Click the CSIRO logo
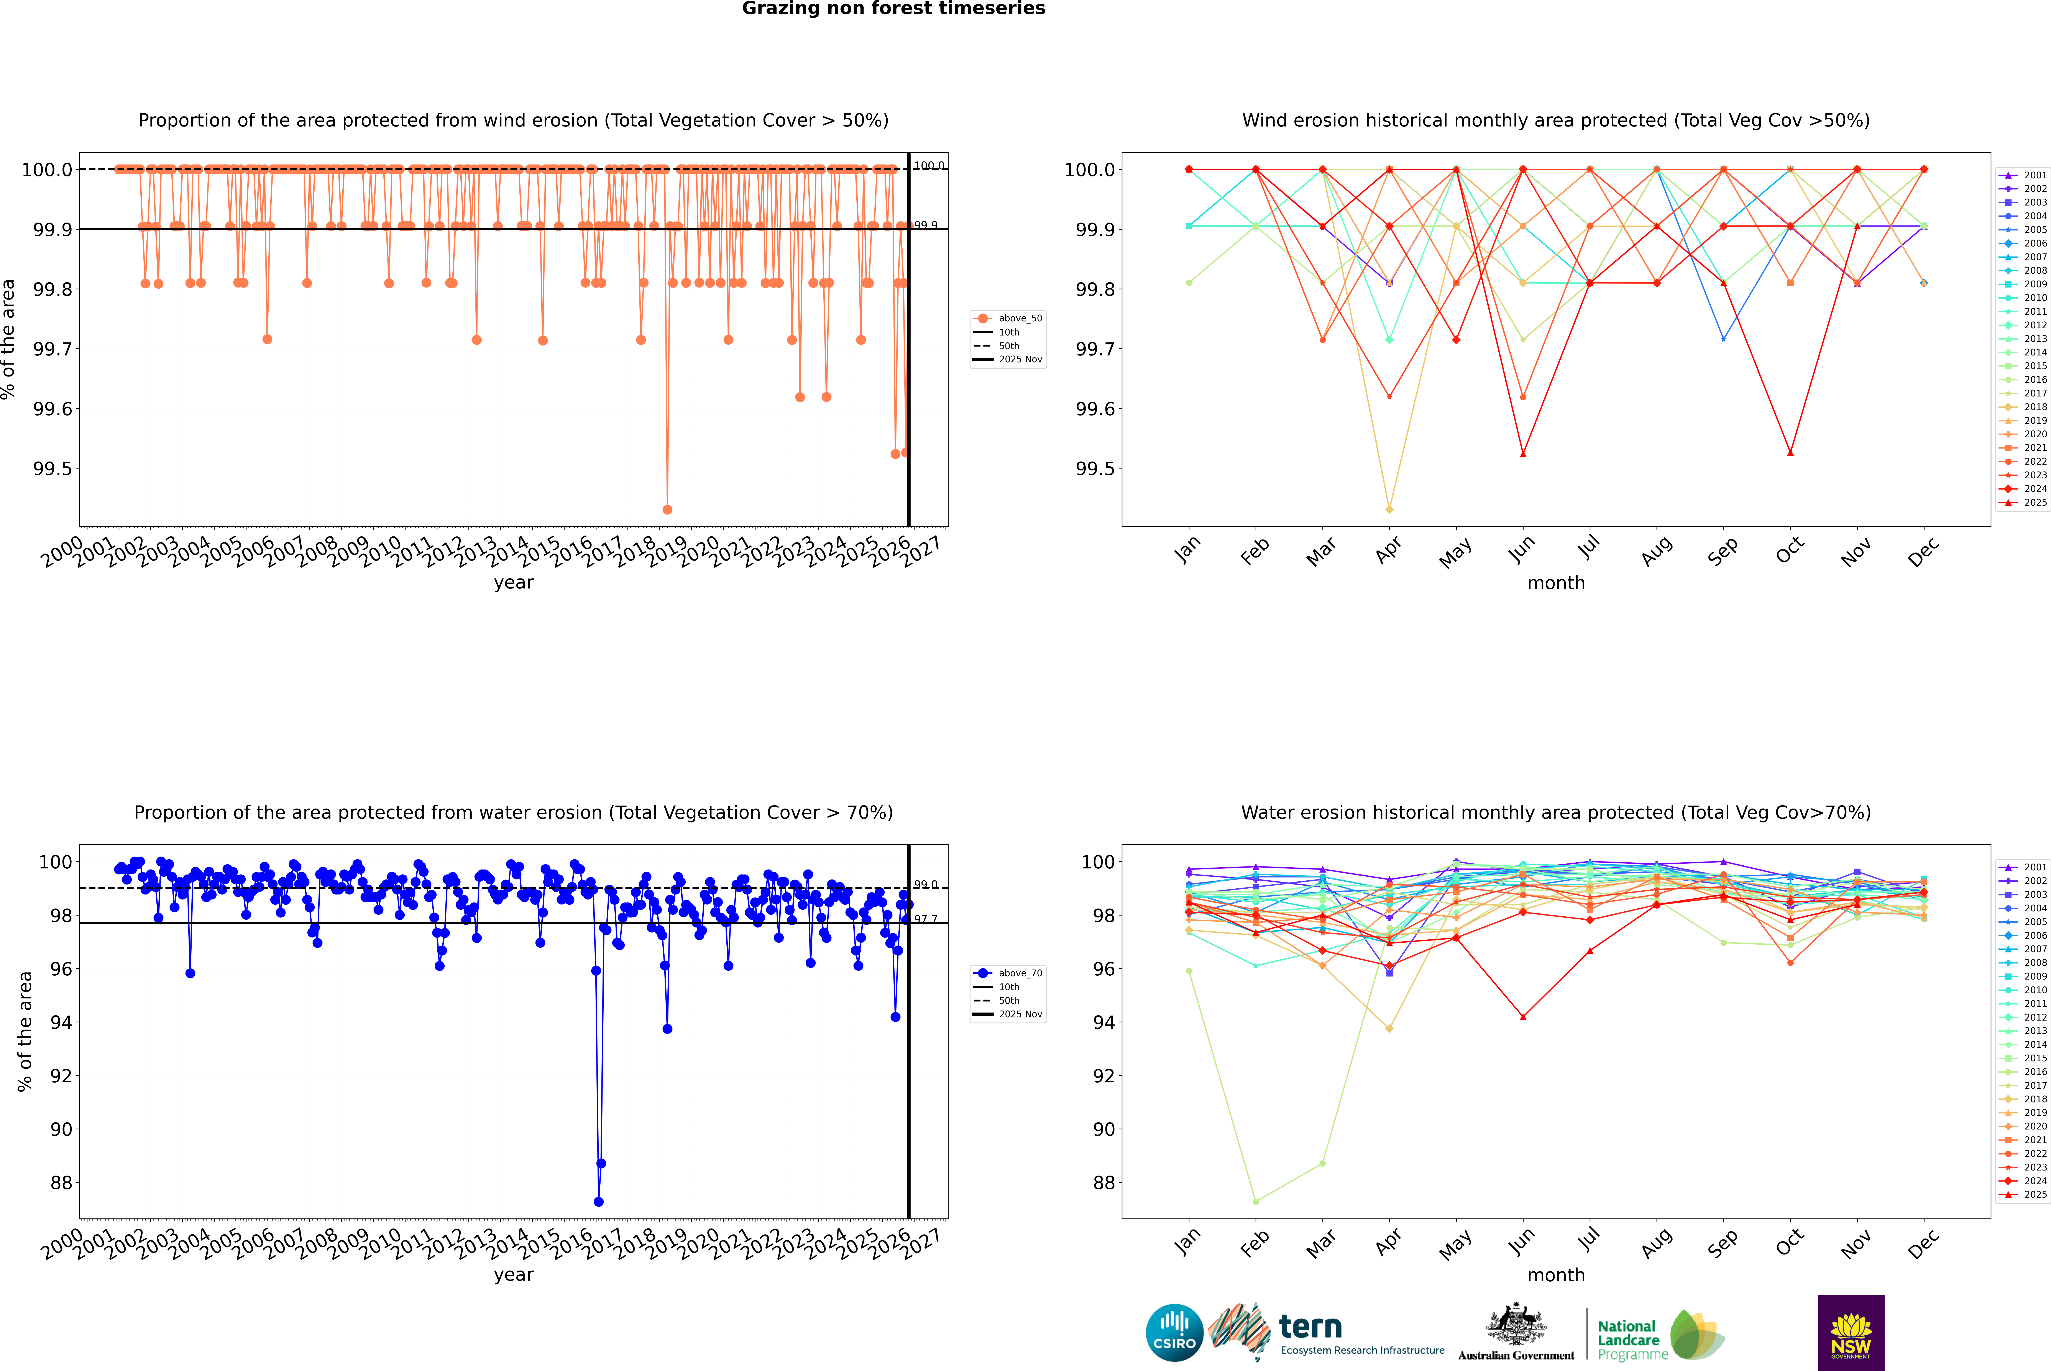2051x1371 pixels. point(1174,1333)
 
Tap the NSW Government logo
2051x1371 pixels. point(1851,1333)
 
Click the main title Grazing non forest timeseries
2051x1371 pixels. point(893,9)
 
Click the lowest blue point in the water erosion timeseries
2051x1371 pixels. point(598,1201)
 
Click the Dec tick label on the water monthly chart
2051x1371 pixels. point(1923,1243)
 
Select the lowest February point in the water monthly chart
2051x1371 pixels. point(1255,1201)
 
